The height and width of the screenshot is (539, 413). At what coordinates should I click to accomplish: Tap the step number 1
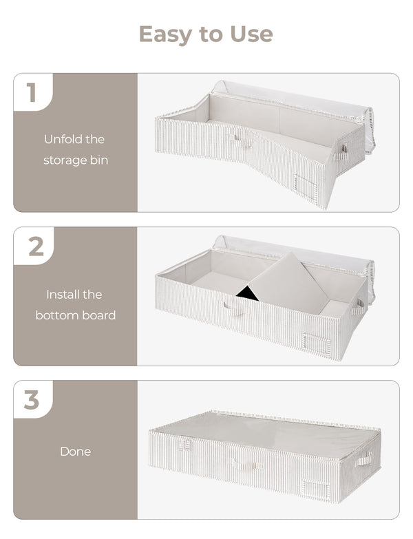31,92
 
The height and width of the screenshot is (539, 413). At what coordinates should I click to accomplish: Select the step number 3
32,400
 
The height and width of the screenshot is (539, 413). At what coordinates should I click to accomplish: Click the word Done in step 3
75,452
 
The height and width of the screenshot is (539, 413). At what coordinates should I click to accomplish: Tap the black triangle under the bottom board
247,294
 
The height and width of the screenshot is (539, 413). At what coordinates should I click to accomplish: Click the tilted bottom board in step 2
288,282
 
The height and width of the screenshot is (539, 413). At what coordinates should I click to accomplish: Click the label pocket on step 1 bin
305,184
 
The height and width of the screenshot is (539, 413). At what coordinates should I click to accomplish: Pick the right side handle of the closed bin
364,458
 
